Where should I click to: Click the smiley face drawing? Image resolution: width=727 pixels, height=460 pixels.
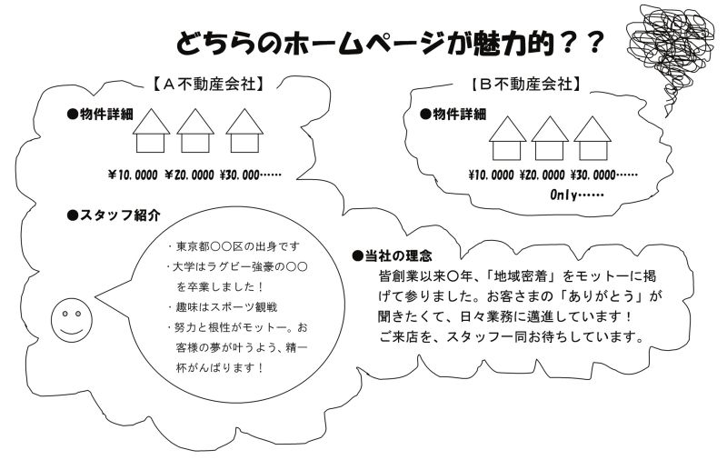pyautogui.click(x=72, y=320)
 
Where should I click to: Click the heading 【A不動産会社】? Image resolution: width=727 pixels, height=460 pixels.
pyautogui.click(x=209, y=84)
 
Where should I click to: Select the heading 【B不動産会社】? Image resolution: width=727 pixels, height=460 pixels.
pyautogui.click(x=526, y=84)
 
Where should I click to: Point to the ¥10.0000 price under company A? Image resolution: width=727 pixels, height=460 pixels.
pyautogui.click(x=133, y=175)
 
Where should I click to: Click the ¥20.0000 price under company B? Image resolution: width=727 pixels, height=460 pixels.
pyautogui.click(x=542, y=175)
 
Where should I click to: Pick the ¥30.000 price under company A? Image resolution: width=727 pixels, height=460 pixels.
pyautogui.click(x=239, y=175)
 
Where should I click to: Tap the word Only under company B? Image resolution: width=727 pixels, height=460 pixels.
pyautogui.click(x=563, y=195)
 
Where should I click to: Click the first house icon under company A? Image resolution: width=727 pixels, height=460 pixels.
pyautogui.click(x=151, y=130)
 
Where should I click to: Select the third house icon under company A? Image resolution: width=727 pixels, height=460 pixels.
pyautogui.click(x=244, y=130)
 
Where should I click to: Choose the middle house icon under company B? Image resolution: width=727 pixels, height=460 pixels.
pyautogui.click(x=550, y=138)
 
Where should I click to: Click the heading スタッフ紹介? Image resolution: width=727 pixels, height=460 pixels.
pyautogui.click(x=115, y=215)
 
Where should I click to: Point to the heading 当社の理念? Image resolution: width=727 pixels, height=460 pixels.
pyautogui.click(x=393, y=255)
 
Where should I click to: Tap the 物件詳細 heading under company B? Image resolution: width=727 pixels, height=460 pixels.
pyautogui.click(x=453, y=114)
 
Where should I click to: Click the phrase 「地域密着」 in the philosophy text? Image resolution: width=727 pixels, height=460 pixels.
pyautogui.click(x=520, y=276)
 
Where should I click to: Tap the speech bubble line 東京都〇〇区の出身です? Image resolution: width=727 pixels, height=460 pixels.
pyautogui.click(x=234, y=246)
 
